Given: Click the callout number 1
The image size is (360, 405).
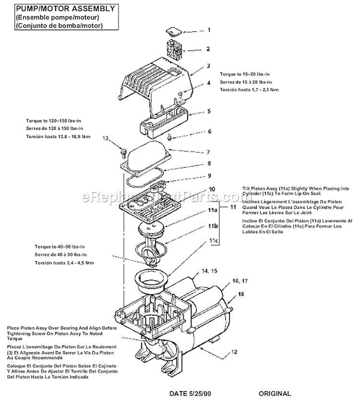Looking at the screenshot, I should click(x=209, y=30).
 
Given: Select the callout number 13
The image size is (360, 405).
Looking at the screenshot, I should click(x=107, y=138).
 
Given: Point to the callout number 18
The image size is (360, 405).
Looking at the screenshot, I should click(x=241, y=293).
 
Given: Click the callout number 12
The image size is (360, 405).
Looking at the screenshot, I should click(x=234, y=352).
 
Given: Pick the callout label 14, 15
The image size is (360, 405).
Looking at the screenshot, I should click(x=209, y=271).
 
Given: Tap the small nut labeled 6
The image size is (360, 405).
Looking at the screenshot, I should click(x=170, y=139).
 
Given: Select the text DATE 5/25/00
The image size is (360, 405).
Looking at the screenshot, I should click(x=190, y=393).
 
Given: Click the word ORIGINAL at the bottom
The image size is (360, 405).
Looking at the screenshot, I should click(x=275, y=393).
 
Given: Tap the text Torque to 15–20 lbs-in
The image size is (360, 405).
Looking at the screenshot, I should click(x=245, y=74).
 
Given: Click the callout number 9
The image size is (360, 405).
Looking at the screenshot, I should click(x=209, y=175).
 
